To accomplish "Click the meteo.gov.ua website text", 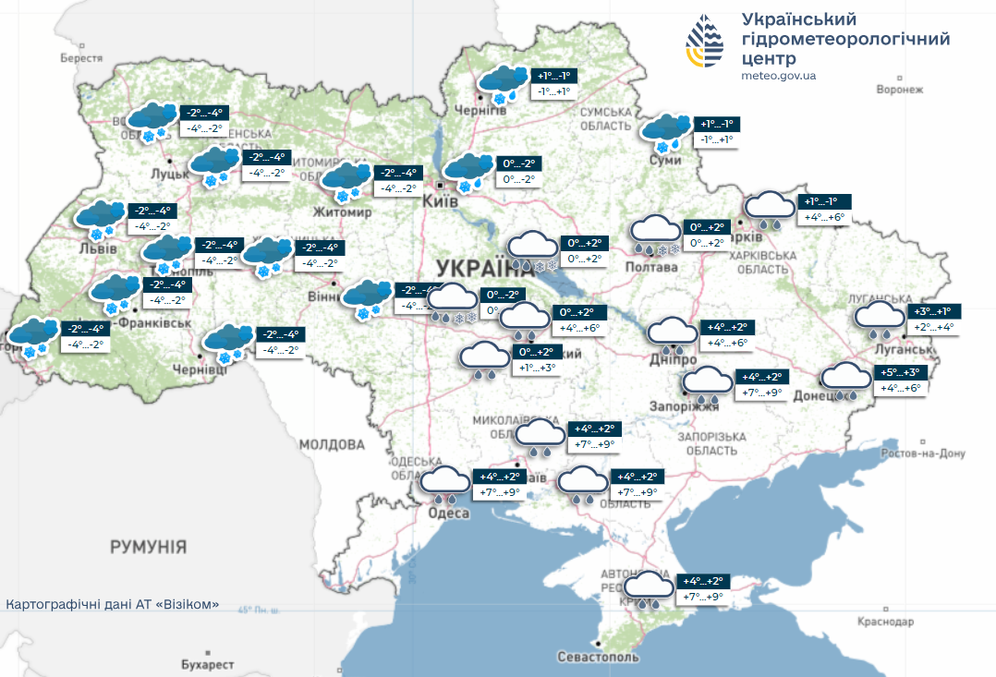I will click(x=778, y=76).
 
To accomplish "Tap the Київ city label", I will click(x=440, y=201).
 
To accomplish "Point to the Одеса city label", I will click(x=450, y=513).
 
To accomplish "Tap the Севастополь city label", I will click(x=598, y=657).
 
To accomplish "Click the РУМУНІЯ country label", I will click(x=148, y=547).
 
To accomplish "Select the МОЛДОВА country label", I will click(x=333, y=444).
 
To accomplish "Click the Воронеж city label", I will click(x=899, y=90).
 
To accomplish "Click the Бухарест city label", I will click(x=208, y=664).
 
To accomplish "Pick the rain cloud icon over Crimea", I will click(x=649, y=588).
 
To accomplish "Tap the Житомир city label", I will click(x=344, y=212).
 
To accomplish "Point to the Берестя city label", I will click(x=80, y=57).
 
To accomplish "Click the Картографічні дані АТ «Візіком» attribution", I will click(x=113, y=604).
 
